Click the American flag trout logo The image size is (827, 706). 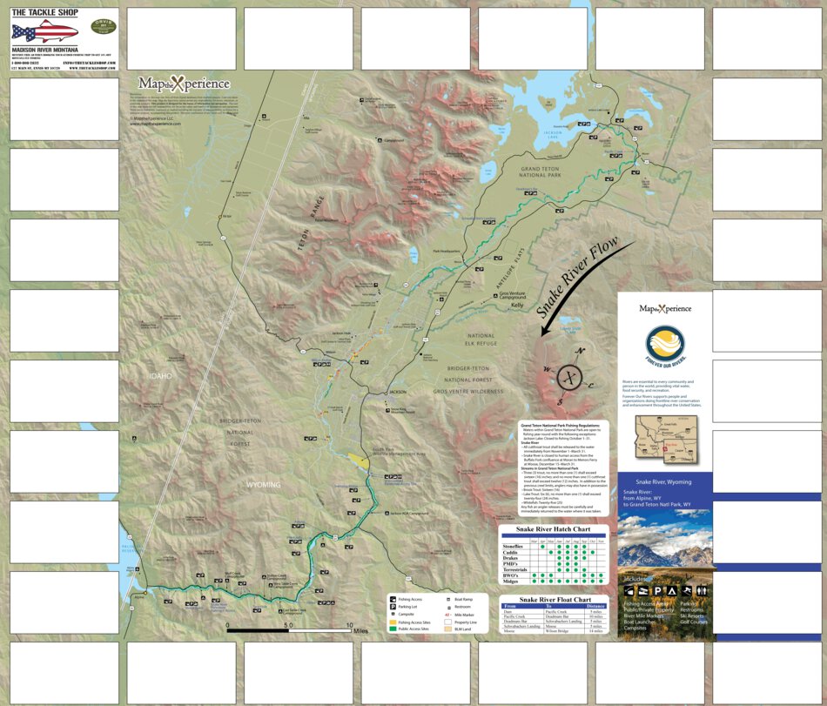[44, 32]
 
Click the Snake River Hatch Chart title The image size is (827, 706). [554, 529]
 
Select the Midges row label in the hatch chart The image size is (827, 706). [511, 582]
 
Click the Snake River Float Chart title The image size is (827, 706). [555, 600]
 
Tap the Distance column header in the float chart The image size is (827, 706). [595, 607]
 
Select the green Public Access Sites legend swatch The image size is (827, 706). [392, 629]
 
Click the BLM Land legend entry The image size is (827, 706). [462, 629]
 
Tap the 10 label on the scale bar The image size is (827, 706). [350, 626]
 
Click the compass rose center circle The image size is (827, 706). [570, 376]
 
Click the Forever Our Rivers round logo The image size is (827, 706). [665, 345]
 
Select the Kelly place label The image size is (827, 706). [517, 306]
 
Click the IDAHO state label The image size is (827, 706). [159, 376]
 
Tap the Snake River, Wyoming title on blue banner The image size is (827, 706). [663, 481]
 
